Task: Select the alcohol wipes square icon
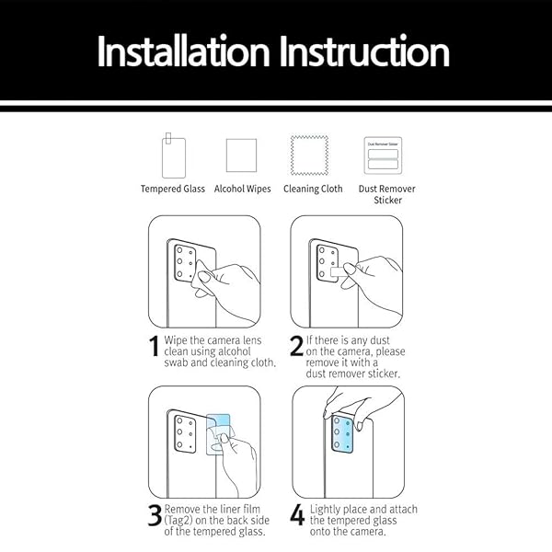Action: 241,155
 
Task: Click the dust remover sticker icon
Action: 383,155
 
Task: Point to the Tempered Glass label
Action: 173,189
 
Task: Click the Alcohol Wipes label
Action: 242,189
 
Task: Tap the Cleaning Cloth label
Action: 313,189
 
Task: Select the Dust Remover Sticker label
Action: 386,194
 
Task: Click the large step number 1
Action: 155,348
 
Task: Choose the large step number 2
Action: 296,348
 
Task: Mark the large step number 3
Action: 155,517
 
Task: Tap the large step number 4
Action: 297,517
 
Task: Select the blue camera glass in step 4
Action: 342,434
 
